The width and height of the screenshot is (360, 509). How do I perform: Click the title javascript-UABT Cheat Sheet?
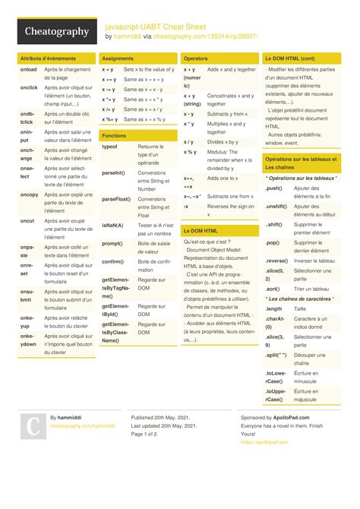click(x=155, y=25)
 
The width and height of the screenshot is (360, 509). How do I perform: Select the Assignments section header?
click(x=118, y=58)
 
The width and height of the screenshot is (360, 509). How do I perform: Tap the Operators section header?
click(x=196, y=58)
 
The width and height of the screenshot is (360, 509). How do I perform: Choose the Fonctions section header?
click(x=114, y=135)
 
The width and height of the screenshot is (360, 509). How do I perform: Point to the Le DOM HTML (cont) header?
click(x=289, y=58)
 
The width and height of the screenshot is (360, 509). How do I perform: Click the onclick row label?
click(x=29, y=87)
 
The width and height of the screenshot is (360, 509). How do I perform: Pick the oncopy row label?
click(x=30, y=194)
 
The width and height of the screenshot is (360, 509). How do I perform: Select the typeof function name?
click(x=109, y=147)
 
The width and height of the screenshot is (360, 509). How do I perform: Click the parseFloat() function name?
click(x=116, y=198)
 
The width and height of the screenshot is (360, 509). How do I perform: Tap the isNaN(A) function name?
click(x=112, y=225)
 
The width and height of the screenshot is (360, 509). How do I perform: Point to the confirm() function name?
click(x=113, y=261)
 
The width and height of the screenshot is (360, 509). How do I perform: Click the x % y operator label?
click(x=190, y=151)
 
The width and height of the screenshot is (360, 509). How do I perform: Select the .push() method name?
click(x=274, y=188)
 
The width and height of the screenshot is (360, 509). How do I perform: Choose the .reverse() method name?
click(x=277, y=261)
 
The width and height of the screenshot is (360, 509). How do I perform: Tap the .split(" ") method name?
click(x=276, y=355)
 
